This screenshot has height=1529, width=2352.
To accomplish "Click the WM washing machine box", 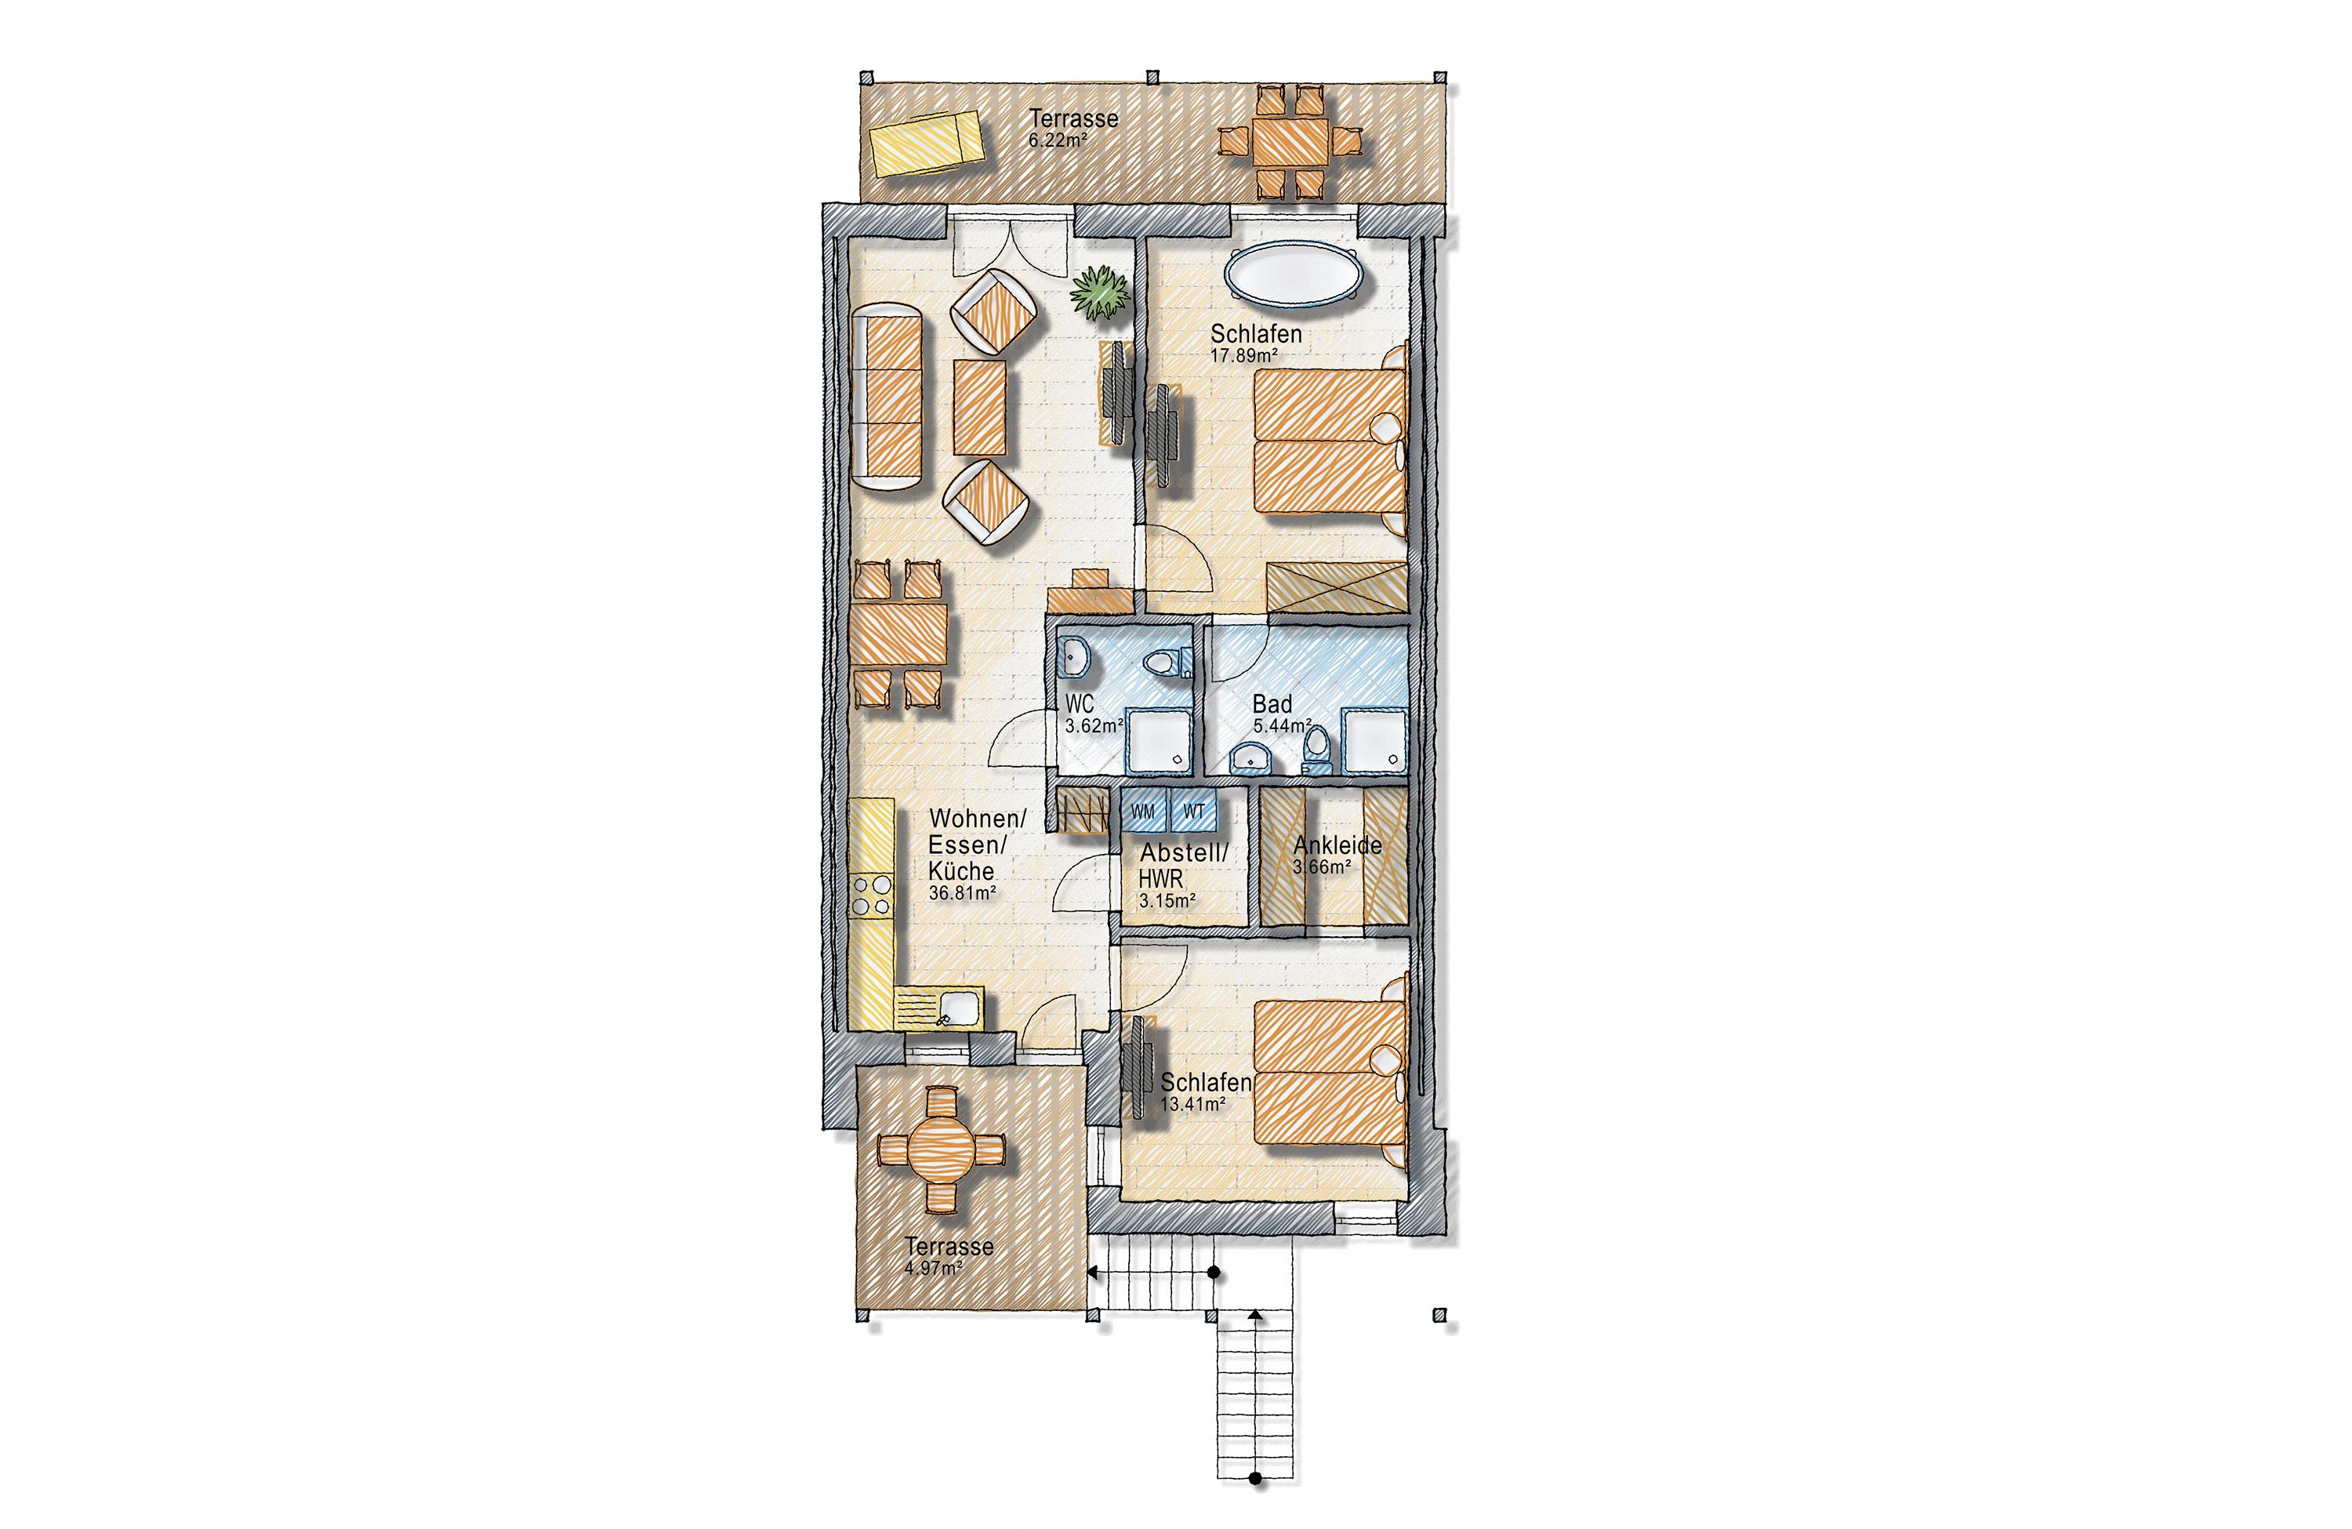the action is click(1143, 812).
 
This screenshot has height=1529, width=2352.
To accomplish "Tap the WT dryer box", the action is click(1194, 812).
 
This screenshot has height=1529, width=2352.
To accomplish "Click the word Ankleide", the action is click(1337, 846).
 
